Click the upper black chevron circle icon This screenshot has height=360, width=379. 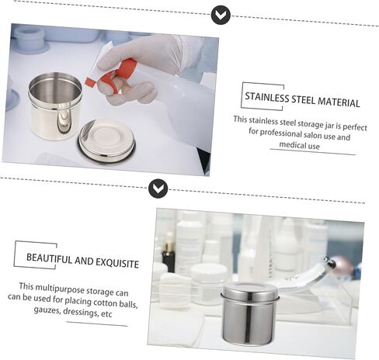[221, 15]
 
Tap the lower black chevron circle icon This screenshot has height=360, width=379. [158, 189]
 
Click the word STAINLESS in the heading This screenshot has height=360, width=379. [267, 98]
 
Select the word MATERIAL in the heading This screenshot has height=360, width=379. [339, 102]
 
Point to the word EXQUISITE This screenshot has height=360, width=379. [117, 263]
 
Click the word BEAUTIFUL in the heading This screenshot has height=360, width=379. [49, 258]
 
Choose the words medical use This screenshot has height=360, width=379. [299, 145]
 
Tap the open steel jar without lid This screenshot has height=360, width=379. [55, 106]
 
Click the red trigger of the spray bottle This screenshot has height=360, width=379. [115, 74]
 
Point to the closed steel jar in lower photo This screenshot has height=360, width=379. [249, 314]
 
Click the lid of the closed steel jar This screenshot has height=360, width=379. [250, 292]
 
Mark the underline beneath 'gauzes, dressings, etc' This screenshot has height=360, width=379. [97, 324]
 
